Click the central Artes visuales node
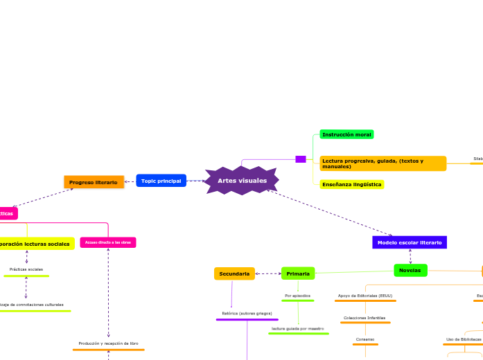(x=242, y=181)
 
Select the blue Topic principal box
(x=161, y=181)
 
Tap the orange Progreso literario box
(x=94, y=181)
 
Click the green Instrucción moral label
(x=346, y=134)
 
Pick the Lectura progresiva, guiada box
(x=382, y=163)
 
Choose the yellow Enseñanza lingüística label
(x=351, y=185)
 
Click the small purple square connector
(x=300, y=159)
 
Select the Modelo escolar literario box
(x=409, y=242)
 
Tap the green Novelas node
(x=410, y=270)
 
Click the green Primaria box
(x=298, y=273)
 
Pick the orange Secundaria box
(x=234, y=273)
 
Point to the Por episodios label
(x=297, y=296)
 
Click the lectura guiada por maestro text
(x=298, y=328)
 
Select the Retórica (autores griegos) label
(x=247, y=314)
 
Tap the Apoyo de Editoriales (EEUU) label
(x=365, y=296)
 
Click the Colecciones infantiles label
(x=365, y=318)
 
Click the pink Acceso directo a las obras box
(x=108, y=242)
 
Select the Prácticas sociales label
(x=26, y=269)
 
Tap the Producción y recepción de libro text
(x=108, y=343)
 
